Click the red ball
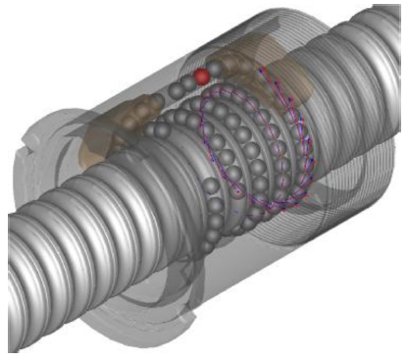(202, 75)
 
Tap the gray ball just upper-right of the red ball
(216, 68)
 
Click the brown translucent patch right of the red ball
(294, 83)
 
